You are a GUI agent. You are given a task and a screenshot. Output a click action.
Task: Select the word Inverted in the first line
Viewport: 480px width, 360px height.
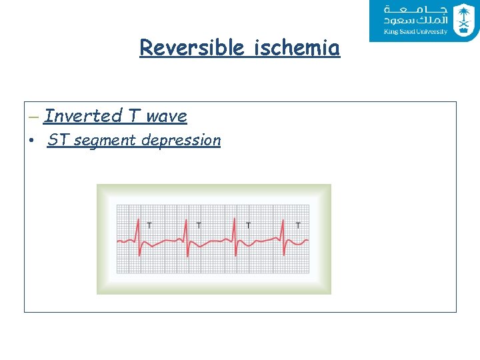[83, 116]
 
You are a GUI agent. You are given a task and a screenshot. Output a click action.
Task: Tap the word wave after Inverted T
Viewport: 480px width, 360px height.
[167, 116]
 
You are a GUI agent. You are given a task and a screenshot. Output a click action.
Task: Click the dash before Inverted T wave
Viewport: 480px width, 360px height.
[34, 117]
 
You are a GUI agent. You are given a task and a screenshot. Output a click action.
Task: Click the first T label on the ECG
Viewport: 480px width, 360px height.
[149, 225]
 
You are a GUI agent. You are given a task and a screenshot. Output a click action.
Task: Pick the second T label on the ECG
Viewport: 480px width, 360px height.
[199, 225]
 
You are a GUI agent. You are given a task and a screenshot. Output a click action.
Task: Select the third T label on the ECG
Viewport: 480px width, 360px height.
[249, 225]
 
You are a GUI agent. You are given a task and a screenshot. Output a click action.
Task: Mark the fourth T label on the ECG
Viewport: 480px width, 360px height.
[298, 225]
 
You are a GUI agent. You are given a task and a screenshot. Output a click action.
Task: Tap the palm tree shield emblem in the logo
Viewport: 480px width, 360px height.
[463, 19]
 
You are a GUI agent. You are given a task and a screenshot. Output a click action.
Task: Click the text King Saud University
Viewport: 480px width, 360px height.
[415, 32]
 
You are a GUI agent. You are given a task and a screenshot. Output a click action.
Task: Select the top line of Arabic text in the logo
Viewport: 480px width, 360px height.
[415, 10]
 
